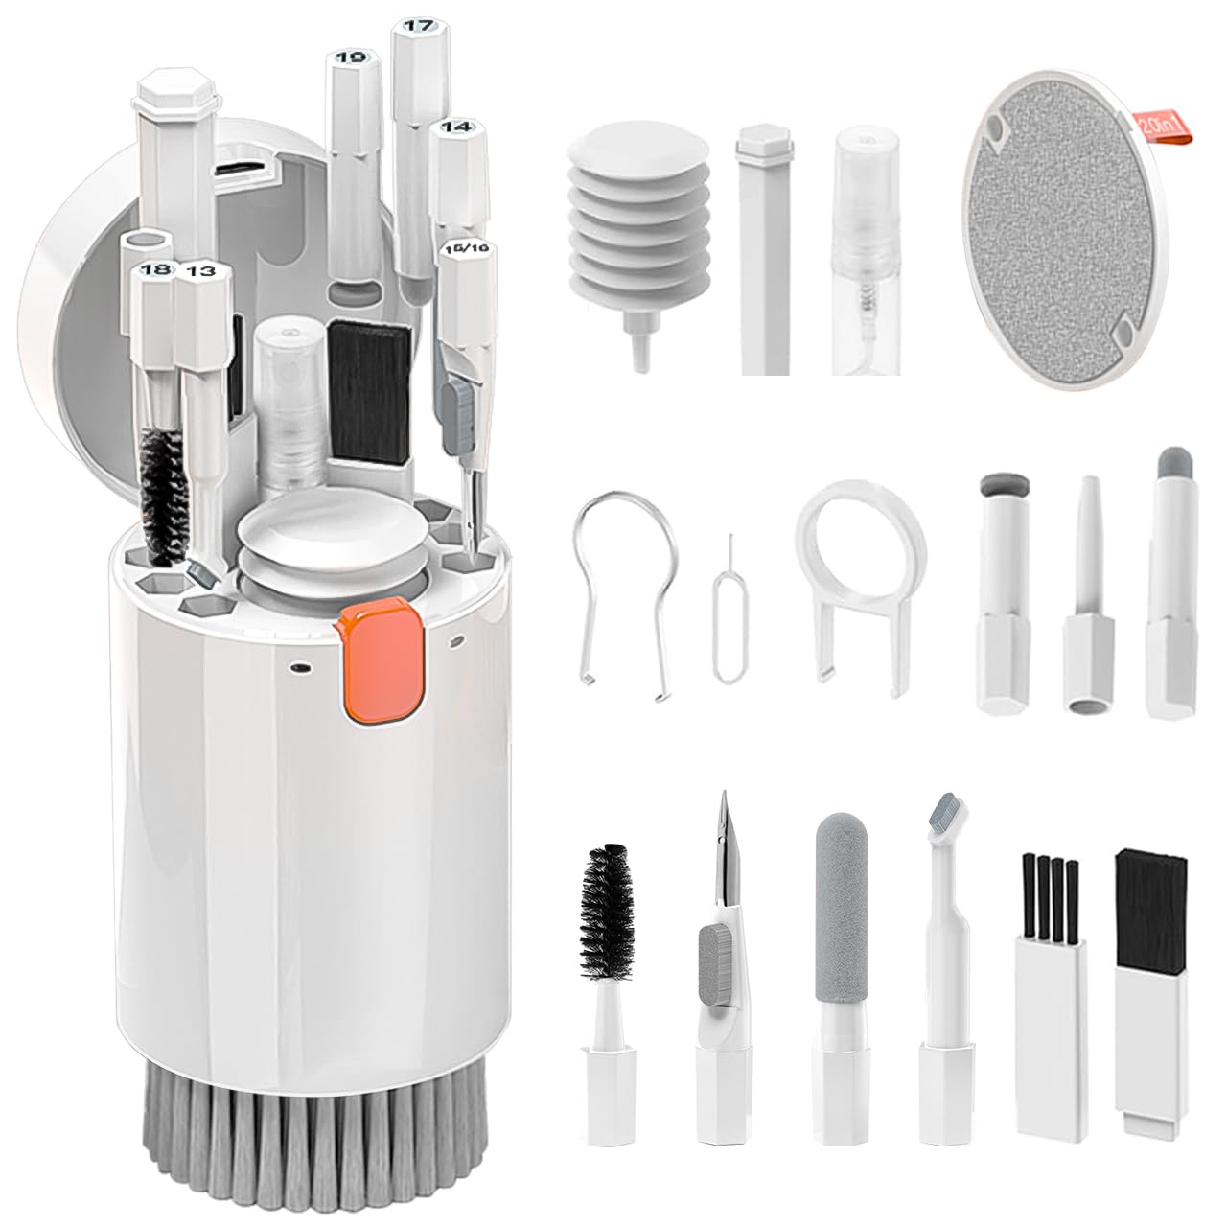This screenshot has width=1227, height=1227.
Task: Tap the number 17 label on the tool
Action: coord(418,27)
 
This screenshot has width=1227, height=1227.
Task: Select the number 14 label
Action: coord(457,127)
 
